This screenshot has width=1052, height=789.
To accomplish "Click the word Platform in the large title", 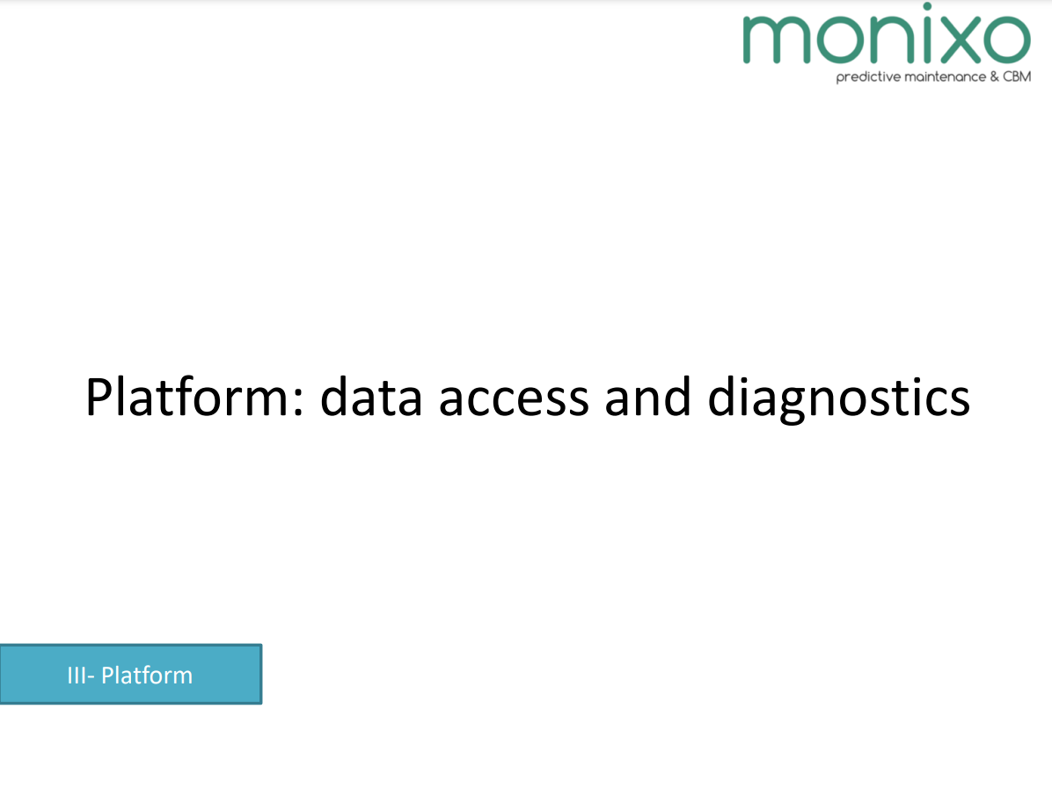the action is pyautogui.click(x=189, y=397).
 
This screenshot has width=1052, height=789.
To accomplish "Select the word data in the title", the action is pyautogui.click(x=371, y=397).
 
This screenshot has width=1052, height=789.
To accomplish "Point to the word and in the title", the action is pyautogui.click(x=647, y=397).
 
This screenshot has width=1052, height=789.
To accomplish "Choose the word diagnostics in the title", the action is pyautogui.click(x=838, y=399).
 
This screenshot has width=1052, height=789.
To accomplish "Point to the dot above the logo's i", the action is pyautogui.click(x=927, y=6).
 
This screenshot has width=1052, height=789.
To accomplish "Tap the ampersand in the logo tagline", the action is pyautogui.click(x=994, y=77).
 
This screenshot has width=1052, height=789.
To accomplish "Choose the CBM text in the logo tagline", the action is pyautogui.click(x=1017, y=77).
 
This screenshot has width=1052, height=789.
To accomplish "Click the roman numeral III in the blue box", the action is pyautogui.click(x=76, y=675).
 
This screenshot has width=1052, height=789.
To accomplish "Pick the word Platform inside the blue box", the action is pyautogui.click(x=146, y=675).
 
